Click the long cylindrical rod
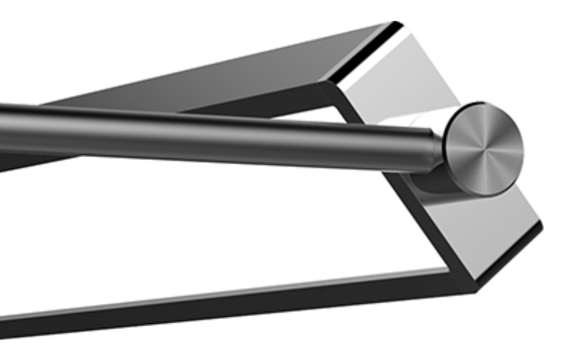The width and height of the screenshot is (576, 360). click(216, 133)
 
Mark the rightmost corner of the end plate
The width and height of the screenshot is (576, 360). click(541, 228)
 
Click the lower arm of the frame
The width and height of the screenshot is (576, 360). click(216, 306)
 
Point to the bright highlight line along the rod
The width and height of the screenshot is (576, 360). click(216, 122)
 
